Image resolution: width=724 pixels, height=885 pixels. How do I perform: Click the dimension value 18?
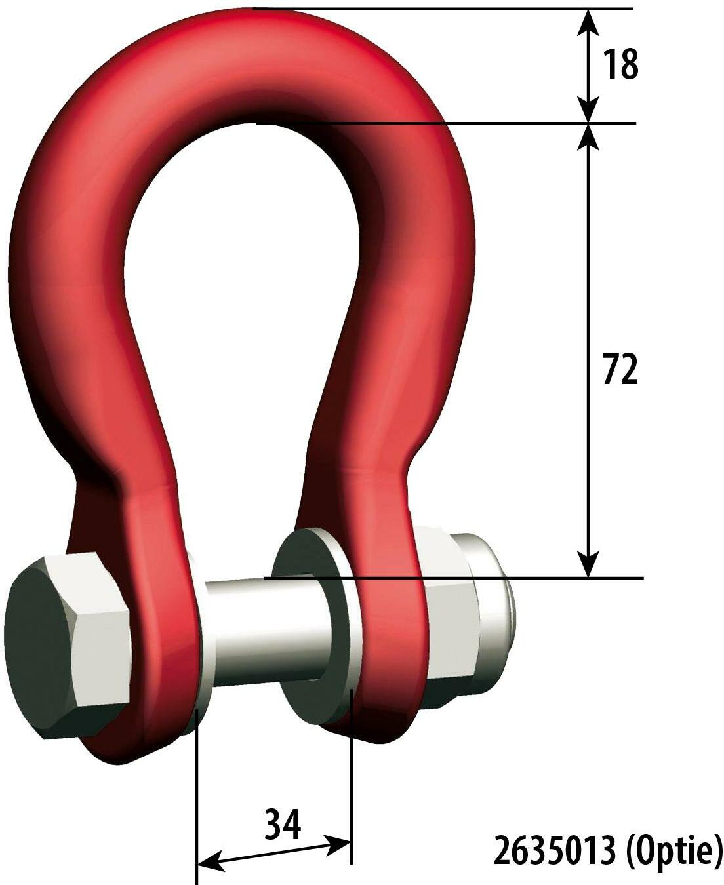(620, 64)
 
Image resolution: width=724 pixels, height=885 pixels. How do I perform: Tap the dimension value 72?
(620, 371)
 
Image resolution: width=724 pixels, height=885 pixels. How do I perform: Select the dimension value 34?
(283, 824)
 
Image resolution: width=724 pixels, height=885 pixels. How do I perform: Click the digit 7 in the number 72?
(611, 371)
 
